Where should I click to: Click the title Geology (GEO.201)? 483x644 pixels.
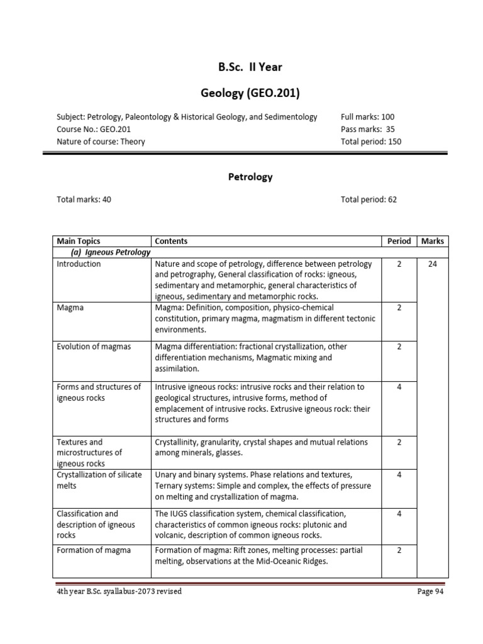(x=250, y=94)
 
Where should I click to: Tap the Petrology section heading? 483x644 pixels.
(x=250, y=177)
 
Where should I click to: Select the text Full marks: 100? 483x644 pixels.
(x=367, y=116)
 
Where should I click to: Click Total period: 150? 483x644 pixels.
(x=370, y=142)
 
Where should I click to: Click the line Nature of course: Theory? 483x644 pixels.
(x=101, y=142)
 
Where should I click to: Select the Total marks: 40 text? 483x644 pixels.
(x=84, y=200)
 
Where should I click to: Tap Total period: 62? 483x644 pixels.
(x=369, y=200)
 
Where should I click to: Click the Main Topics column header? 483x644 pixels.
(x=79, y=241)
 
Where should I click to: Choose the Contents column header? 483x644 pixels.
(x=171, y=241)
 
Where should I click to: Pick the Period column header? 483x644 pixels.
(x=399, y=241)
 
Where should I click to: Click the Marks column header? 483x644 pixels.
(x=432, y=241)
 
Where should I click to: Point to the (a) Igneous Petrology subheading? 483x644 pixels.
(x=110, y=252)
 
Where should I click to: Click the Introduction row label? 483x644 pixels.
(x=79, y=264)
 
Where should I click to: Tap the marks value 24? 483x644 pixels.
(x=432, y=264)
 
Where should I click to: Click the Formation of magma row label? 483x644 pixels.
(x=94, y=550)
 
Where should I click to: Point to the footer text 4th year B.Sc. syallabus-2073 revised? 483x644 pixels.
(x=119, y=592)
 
